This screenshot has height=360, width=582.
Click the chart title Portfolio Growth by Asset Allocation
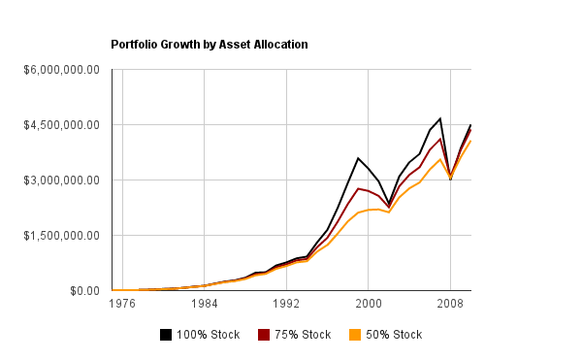coord(209,45)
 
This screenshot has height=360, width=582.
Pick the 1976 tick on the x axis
coord(122,304)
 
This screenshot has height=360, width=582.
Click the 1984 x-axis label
coord(204,304)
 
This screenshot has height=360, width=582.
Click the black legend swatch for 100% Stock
coord(166,335)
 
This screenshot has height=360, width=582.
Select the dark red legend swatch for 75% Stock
coord(264,335)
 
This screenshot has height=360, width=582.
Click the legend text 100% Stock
coord(206,335)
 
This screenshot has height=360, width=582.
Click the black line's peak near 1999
coord(358,158)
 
